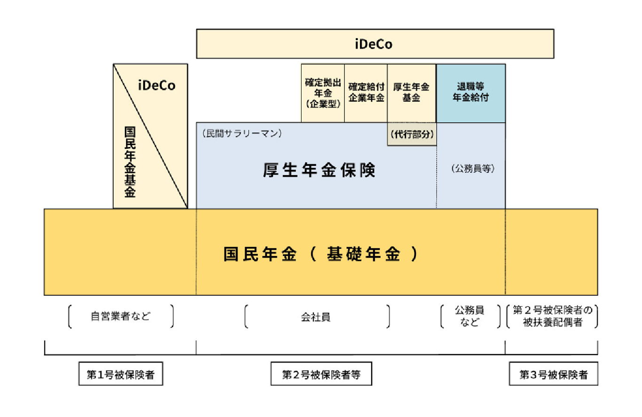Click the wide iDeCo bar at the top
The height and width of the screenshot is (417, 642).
click(374, 44)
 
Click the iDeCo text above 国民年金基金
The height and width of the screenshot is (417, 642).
click(157, 85)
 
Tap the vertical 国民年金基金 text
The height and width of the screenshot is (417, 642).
click(130, 162)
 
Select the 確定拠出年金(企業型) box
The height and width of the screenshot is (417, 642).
click(322, 93)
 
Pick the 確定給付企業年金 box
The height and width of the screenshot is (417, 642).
click(366, 93)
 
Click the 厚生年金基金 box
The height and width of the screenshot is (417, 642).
click(412, 93)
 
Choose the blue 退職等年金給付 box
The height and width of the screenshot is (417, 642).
click(471, 93)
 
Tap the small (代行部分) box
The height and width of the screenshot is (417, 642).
click(412, 134)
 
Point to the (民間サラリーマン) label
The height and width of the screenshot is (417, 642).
click(242, 133)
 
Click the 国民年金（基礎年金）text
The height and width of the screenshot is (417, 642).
click(320, 254)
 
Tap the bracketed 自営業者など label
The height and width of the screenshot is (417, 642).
click(121, 316)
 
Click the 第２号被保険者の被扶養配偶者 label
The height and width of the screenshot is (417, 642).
click(552, 316)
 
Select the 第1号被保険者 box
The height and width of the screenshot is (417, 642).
click(121, 374)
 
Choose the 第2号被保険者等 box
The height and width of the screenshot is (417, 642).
click(321, 374)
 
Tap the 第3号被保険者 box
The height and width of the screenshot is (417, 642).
click(553, 374)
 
